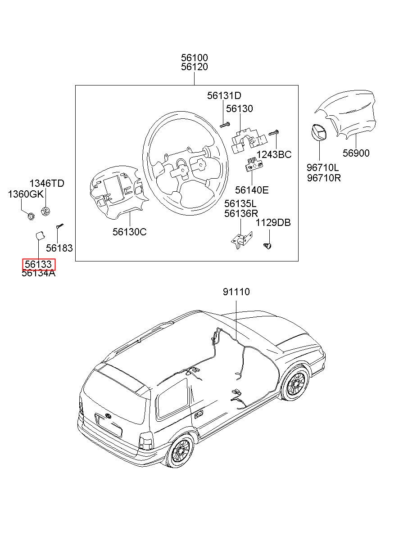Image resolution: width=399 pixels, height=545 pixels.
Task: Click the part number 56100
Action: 194,58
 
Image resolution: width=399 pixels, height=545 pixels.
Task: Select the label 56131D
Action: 224,95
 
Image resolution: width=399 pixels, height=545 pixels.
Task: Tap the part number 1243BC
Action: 274,154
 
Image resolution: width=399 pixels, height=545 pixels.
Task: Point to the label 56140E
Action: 252,190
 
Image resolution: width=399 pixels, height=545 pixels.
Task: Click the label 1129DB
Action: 273,222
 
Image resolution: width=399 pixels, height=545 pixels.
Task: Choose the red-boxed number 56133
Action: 38,264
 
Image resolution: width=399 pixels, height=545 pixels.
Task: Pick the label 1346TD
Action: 47,183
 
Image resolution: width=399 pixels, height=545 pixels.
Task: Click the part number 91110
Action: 236,292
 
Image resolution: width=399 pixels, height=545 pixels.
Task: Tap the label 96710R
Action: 323,178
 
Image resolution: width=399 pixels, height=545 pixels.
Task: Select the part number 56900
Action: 356,153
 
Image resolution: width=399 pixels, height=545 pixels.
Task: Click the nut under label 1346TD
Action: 45,211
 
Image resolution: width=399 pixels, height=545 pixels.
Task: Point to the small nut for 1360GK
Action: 31,216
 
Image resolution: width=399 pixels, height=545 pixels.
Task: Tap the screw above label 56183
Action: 59,226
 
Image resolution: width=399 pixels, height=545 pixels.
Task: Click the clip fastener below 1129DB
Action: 268,246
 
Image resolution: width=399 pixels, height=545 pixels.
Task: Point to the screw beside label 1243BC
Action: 274,133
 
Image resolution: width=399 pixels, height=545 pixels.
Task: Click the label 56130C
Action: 129,232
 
